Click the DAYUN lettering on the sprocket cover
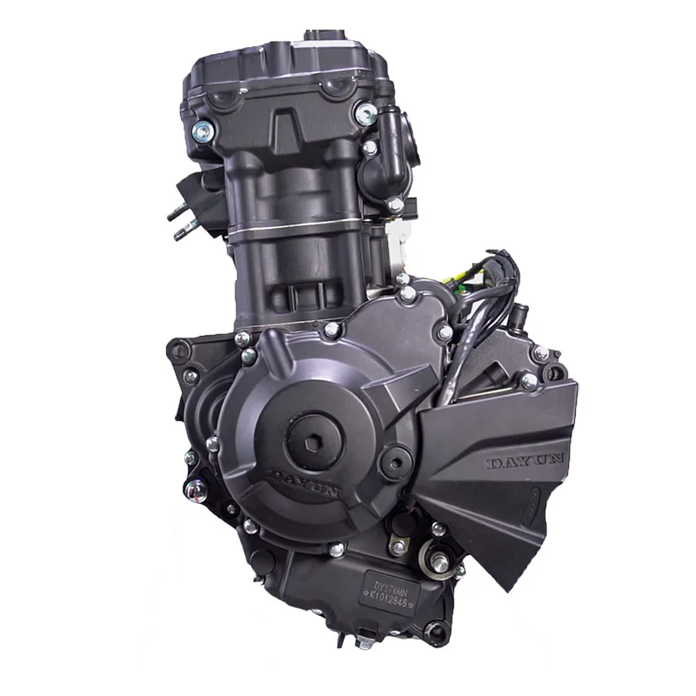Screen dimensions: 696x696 tap(526, 461)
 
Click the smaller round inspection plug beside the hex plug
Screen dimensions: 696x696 tap(395, 456)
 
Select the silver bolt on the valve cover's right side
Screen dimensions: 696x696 tap(366, 112)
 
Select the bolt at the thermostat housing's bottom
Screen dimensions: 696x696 tap(396, 205)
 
